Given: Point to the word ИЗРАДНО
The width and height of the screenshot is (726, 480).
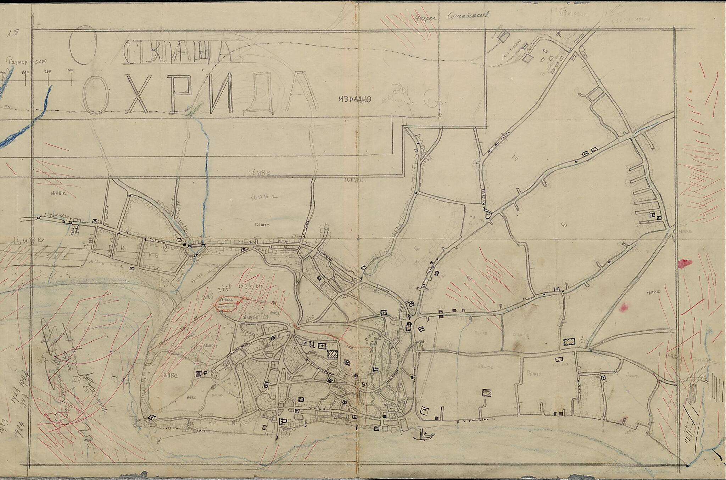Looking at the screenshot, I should (354, 99).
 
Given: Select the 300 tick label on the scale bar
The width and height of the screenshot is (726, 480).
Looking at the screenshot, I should (48, 72).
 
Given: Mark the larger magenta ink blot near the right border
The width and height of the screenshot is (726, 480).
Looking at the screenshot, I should (685, 263).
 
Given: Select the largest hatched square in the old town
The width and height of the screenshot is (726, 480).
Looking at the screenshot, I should (332, 354).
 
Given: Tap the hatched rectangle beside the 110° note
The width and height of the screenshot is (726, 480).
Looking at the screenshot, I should (569, 341).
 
